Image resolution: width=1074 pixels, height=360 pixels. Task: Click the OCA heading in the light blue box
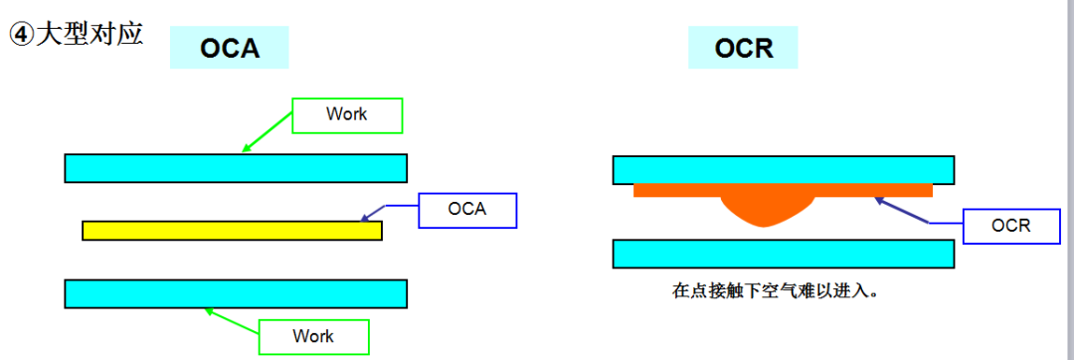click(230, 48)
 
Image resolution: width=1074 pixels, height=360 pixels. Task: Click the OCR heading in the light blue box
click(744, 48)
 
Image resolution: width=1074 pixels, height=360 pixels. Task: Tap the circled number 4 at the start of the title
click(21, 35)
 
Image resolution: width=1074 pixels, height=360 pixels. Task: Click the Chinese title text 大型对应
click(89, 34)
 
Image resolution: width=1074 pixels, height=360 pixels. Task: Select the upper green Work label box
click(346, 114)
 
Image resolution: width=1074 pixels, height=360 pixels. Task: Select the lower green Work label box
click(313, 336)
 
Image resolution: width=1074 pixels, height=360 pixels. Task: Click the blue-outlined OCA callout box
click(466, 209)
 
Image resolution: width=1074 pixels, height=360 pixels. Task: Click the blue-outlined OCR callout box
click(1010, 226)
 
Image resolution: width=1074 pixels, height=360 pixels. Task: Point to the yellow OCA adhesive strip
click(232, 231)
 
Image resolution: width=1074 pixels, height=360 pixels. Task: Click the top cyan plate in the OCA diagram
click(236, 168)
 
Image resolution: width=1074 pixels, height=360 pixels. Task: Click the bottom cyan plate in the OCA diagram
click(236, 293)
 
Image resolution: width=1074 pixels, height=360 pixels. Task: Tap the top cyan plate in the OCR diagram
click(784, 169)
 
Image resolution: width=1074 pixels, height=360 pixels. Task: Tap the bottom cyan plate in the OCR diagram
click(784, 254)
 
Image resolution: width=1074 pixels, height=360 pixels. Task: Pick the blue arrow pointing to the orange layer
click(915, 211)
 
